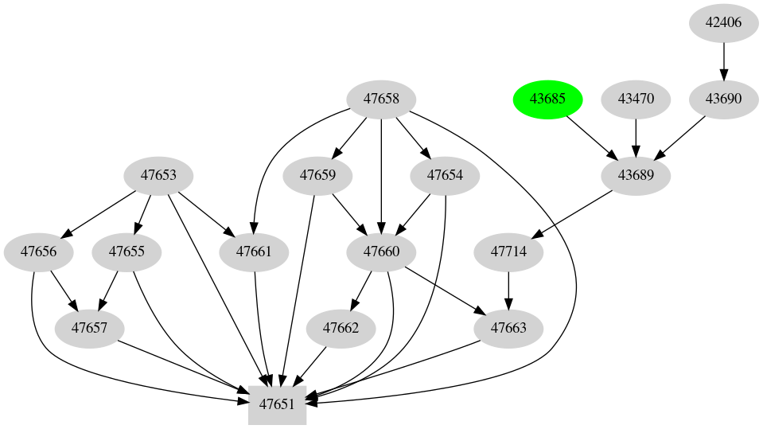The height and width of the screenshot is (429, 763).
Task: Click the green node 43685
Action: [x=548, y=99]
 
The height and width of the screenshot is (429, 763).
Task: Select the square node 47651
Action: [x=277, y=404]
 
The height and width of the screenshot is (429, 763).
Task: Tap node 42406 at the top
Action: [x=723, y=22]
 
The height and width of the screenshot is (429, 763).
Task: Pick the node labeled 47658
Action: [x=381, y=99]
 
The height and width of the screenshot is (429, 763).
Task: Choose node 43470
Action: [x=636, y=99]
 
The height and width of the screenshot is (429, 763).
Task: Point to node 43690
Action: [x=723, y=99]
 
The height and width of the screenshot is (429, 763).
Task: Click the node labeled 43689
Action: [x=636, y=174]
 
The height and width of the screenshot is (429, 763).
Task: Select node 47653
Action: [x=158, y=174]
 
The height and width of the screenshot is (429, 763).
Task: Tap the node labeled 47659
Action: [x=317, y=174]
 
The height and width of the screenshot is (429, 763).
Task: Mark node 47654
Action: [x=445, y=174]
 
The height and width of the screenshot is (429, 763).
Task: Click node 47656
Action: [x=38, y=252]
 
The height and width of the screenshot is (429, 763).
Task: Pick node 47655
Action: [x=127, y=252]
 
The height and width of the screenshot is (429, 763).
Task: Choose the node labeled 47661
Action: [x=254, y=252]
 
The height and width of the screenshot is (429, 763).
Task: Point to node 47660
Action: [x=381, y=252]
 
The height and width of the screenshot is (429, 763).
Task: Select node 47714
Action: [x=508, y=252]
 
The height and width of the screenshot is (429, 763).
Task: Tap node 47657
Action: [x=89, y=327]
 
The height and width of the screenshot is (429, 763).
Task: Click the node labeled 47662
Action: [x=341, y=327]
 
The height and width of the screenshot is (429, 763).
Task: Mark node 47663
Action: [x=508, y=327]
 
